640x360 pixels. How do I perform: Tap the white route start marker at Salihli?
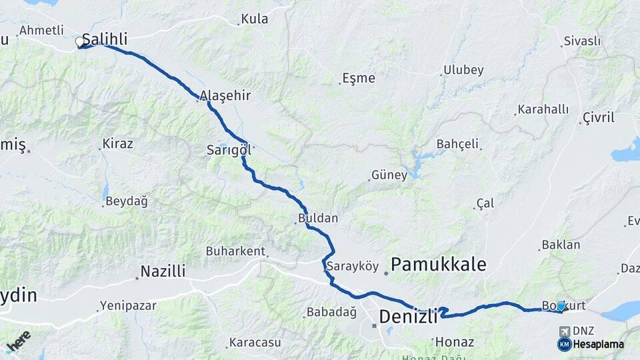point(80,43)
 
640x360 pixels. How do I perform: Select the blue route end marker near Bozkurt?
point(561,306)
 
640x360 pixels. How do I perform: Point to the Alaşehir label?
point(227,95)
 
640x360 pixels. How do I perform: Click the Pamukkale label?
point(438,264)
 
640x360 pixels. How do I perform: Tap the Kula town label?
point(254,19)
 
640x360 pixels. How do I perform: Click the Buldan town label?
point(318,218)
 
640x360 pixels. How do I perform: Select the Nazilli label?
point(163,271)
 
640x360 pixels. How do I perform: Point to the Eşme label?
point(359,78)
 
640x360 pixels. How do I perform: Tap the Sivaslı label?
point(582,41)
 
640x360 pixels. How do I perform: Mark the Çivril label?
point(598,117)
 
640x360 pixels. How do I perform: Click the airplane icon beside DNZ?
point(565,331)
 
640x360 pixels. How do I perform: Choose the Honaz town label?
point(454,342)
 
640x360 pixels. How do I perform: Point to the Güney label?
point(390,175)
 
